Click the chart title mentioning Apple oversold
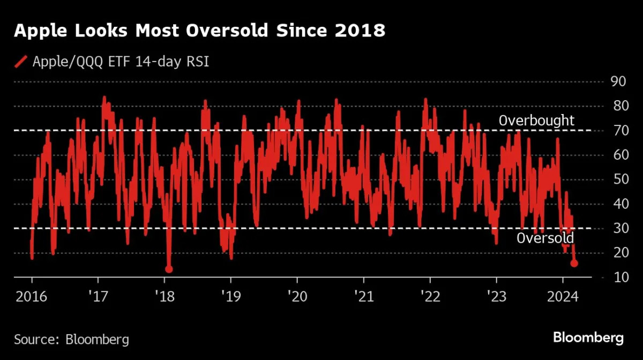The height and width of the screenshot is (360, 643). click(x=199, y=31)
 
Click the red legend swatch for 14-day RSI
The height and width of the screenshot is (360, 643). click(x=21, y=62)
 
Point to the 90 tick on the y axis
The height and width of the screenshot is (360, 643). click(x=619, y=81)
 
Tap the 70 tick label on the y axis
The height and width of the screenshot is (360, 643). click(x=619, y=130)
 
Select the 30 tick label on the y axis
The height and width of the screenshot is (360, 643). click(x=619, y=228)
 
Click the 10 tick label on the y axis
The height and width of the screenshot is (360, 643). click(x=619, y=277)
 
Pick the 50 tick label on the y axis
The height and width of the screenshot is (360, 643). click(x=619, y=179)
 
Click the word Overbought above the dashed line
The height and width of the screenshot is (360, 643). click(x=536, y=121)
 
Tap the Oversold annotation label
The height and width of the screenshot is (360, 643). click(x=545, y=238)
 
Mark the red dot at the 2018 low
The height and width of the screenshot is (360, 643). click(x=169, y=269)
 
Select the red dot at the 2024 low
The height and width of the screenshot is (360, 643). click(x=574, y=263)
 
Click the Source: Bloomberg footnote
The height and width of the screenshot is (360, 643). click(x=71, y=339)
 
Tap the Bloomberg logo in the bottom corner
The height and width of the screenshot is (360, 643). click(x=588, y=338)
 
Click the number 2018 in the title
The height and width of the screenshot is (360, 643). click(x=358, y=31)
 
